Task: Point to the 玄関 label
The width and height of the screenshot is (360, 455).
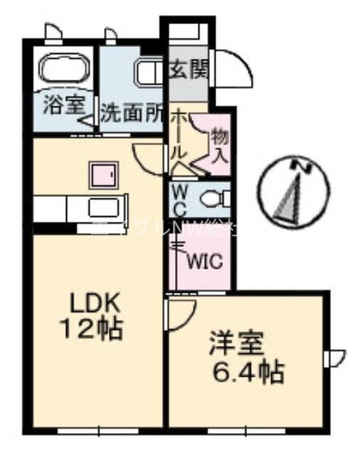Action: point(189,71)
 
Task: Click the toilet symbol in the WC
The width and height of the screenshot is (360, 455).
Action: point(213,197)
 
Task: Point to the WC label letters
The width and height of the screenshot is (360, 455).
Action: point(180,200)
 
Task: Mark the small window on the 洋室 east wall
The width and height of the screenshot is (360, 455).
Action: point(334,355)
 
